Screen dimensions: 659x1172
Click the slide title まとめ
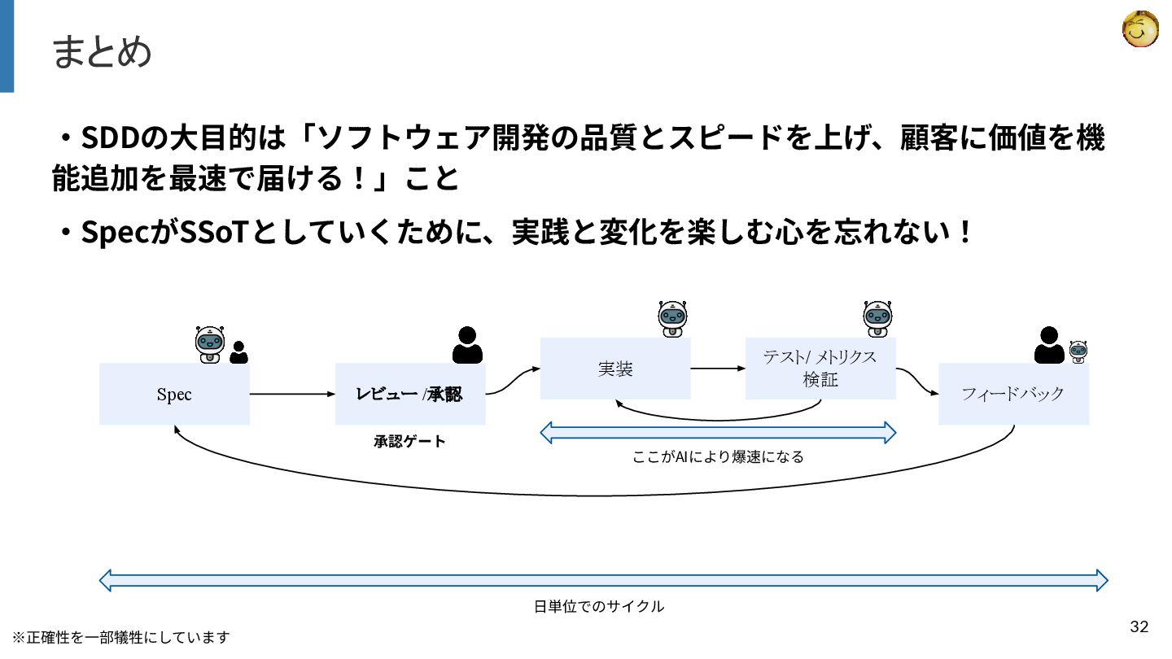click(102, 53)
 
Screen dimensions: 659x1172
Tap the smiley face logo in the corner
click(1139, 29)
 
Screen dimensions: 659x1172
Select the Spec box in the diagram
click(174, 395)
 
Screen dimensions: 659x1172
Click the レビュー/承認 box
click(410, 395)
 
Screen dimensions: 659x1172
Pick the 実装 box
click(615, 369)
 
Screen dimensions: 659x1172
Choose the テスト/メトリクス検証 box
click(820, 369)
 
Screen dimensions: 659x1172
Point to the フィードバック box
click(1013, 395)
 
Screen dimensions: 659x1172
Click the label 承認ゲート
click(410, 442)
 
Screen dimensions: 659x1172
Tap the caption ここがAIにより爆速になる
click(718, 457)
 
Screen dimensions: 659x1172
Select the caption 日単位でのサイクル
click(599, 606)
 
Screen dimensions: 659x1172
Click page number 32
click(1139, 626)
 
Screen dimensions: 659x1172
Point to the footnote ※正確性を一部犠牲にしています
click(120, 637)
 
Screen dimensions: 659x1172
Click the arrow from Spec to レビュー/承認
click(292, 395)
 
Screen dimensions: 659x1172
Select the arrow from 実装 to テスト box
click(718, 369)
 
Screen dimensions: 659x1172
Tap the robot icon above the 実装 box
click(672, 319)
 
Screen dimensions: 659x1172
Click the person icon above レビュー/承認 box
click(467, 345)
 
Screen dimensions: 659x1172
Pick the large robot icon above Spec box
click(210, 345)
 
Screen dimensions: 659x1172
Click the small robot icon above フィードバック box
click(1078, 351)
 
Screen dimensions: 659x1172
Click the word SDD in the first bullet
click(110, 139)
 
